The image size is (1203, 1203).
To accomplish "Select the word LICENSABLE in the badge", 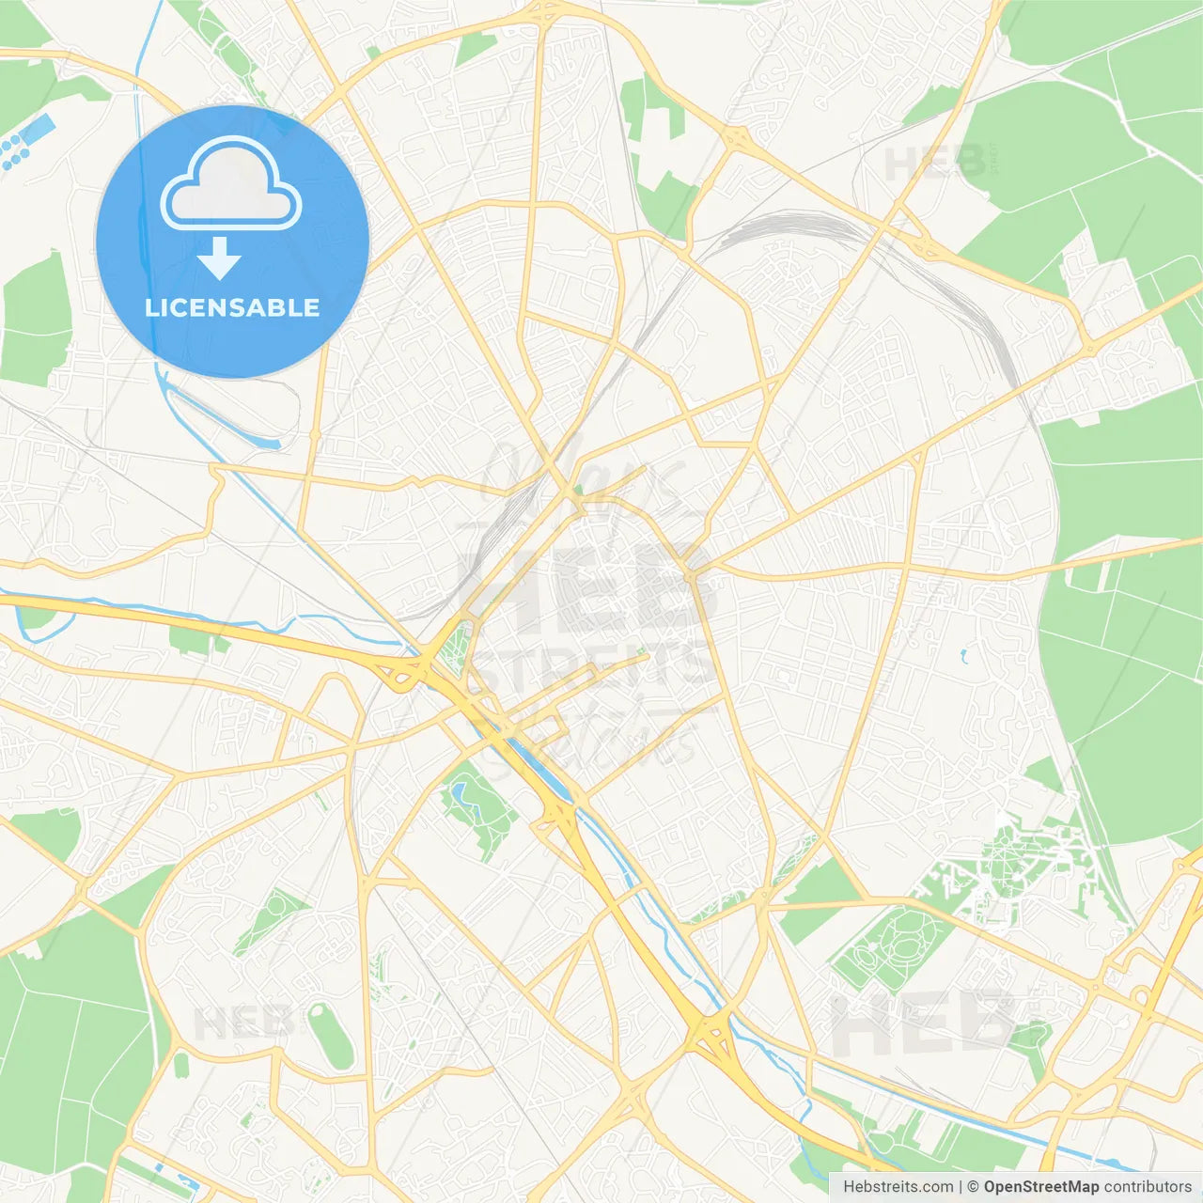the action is [232, 307].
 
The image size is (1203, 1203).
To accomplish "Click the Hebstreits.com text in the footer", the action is [898, 1187].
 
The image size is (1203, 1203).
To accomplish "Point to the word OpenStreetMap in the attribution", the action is [1040, 1187].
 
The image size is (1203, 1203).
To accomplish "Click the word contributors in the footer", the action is [1148, 1187].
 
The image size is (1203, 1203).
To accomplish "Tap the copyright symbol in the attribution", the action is [974, 1187].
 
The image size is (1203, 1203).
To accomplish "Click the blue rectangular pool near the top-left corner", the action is [38, 130].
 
